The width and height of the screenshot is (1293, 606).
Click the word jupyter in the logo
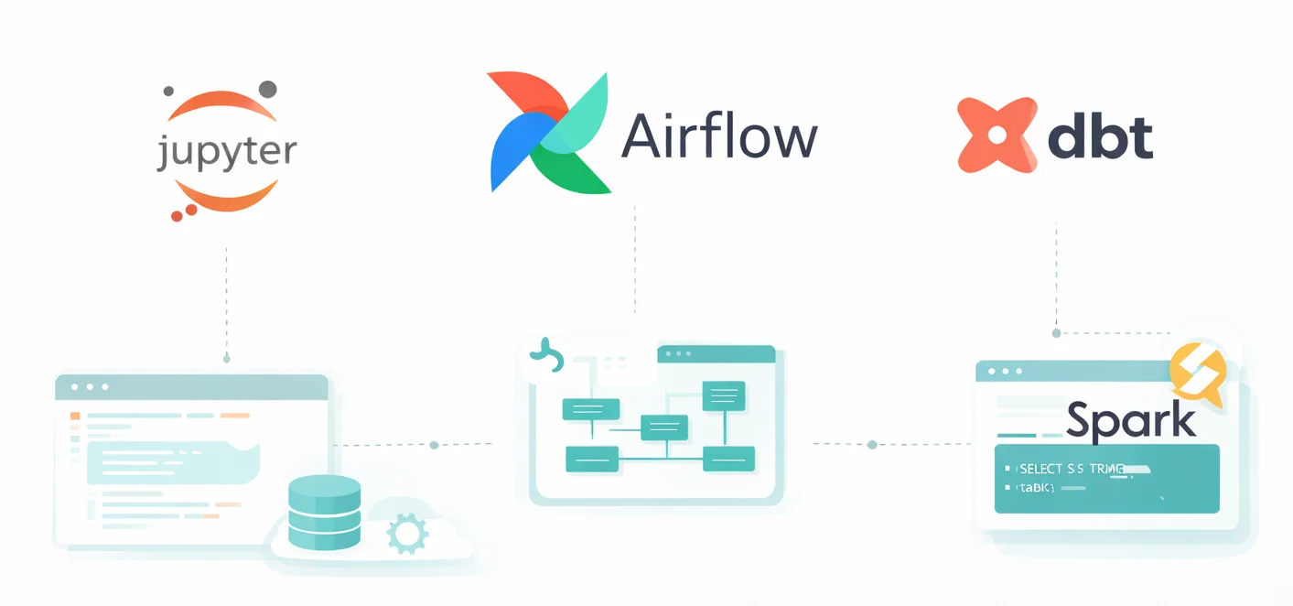[x=226, y=151]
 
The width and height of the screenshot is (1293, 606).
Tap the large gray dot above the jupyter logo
[x=268, y=89]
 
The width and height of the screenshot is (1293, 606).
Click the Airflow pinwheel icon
[x=550, y=133]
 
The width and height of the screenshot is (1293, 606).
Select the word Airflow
[x=718, y=137]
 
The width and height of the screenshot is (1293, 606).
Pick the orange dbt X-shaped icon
[x=997, y=135]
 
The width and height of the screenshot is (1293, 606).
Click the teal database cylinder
[x=324, y=512]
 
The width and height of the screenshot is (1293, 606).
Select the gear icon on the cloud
[x=407, y=532]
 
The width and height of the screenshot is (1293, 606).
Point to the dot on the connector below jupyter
[x=226, y=358]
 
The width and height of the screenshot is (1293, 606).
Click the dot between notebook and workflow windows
[x=434, y=445]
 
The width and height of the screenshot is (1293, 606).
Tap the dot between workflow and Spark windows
[x=872, y=445]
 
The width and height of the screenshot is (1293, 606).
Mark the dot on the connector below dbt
[x=1056, y=333]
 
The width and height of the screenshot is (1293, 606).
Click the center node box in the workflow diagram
[x=663, y=427]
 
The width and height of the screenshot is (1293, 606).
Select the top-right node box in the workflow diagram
[x=723, y=395]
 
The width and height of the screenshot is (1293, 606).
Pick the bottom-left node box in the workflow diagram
[x=590, y=458]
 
